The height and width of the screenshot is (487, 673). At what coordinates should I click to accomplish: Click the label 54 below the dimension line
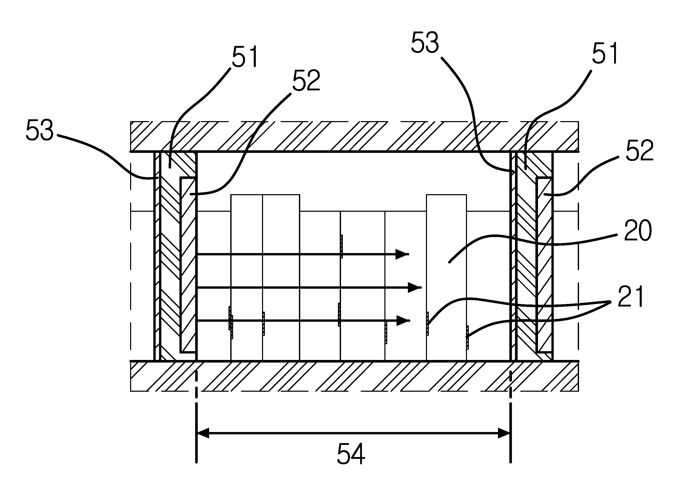351,454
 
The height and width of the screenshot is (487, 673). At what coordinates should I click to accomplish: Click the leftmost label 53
39,130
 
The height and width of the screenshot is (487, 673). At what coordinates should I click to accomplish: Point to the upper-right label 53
425,43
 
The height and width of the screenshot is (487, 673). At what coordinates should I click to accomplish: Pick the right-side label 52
639,151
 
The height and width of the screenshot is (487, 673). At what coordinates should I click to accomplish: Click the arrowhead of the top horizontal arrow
402,254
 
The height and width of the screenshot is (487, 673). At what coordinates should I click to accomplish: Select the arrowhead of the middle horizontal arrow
415,287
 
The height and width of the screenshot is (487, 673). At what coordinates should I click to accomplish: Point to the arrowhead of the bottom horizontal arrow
403,320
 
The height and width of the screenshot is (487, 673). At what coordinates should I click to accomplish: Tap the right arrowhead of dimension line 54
504,433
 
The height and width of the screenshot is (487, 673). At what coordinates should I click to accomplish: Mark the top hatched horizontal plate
354,137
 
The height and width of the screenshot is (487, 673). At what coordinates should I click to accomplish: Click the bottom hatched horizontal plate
354,376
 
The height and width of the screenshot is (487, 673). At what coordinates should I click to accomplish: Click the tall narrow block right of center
446,278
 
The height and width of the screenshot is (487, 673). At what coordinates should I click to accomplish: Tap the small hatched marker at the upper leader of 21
427,324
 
